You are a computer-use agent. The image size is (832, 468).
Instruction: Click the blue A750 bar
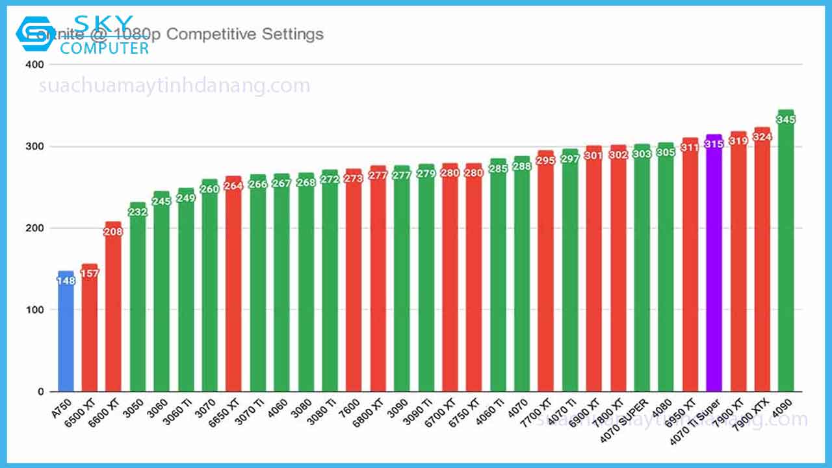click(x=66, y=338)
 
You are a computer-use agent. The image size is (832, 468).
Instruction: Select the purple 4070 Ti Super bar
click(x=714, y=273)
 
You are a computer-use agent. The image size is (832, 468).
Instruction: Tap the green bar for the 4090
click(x=786, y=260)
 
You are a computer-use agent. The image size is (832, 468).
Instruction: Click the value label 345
click(x=786, y=120)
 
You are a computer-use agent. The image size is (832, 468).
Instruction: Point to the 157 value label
click(x=90, y=274)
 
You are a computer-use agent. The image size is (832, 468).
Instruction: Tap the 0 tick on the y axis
click(x=40, y=392)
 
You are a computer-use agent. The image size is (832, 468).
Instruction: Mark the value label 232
click(x=137, y=213)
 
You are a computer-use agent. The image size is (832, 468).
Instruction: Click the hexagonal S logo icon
click(x=33, y=34)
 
